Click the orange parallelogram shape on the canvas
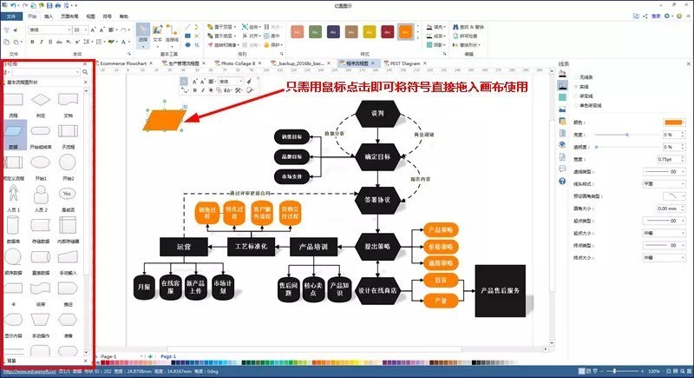pos(166,121)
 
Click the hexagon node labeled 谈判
pos(376,114)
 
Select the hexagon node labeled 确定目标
pos(376,157)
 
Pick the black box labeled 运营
pos(182,248)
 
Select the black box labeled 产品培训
pos(311,248)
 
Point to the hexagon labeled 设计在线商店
pos(376,292)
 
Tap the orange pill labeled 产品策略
pos(442,231)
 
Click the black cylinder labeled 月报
pos(144,285)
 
